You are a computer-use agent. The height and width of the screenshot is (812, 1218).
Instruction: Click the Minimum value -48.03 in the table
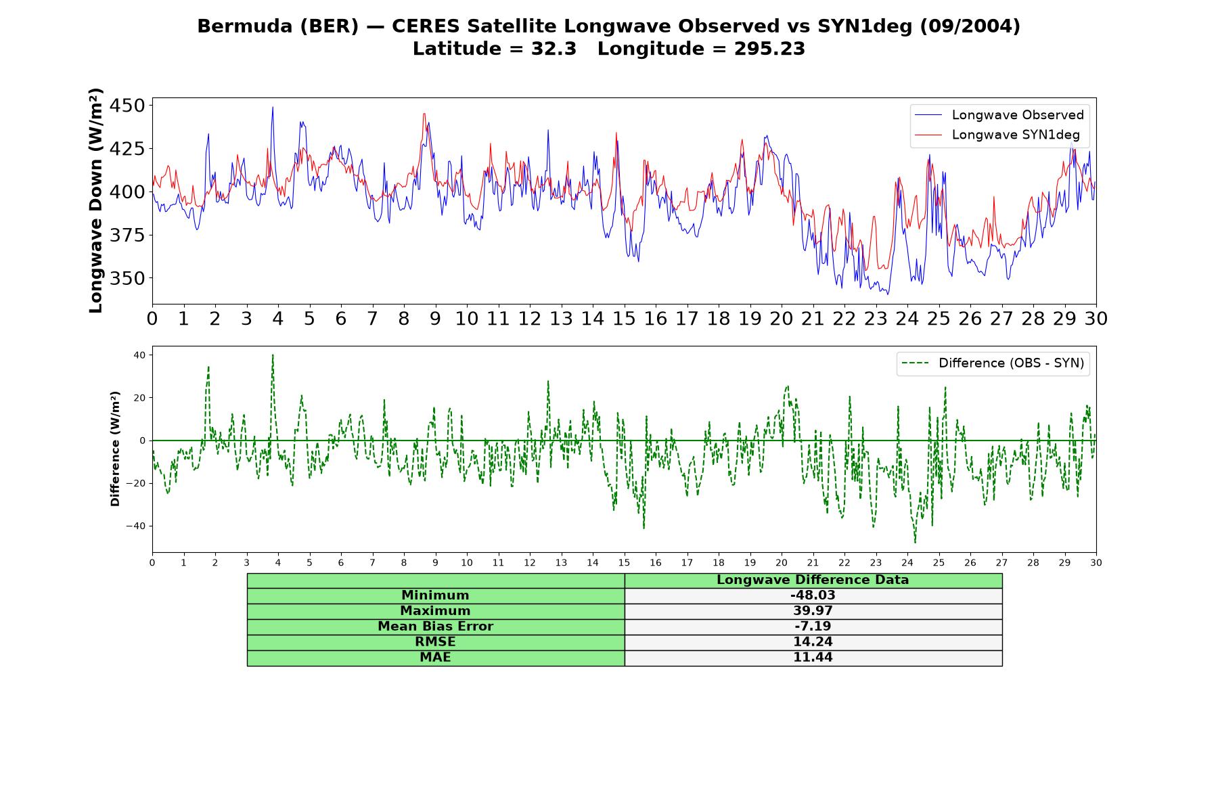(813, 595)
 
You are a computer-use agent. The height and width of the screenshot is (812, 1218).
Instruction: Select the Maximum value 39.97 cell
(813, 611)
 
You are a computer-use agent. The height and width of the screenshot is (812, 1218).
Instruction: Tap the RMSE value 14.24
(813, 642)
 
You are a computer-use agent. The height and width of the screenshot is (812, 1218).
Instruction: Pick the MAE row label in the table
(435, 658)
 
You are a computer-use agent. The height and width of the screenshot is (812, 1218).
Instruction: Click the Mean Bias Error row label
(435, 627)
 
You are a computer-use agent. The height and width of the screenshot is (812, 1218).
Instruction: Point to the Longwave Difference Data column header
(813, 580)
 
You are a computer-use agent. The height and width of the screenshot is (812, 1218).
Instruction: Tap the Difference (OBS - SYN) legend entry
(993, 363)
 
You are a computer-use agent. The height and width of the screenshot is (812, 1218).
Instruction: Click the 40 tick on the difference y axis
(139, 355)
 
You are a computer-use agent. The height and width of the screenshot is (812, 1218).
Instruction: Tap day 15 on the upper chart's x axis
(624, 319)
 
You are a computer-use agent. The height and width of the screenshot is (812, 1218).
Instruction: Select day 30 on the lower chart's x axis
(1096, 563)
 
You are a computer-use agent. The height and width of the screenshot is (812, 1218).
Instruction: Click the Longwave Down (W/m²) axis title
(95, 200)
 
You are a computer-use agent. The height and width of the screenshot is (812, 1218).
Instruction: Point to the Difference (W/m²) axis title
(115, 449)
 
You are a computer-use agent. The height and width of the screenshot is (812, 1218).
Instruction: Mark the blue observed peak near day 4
(273, 107)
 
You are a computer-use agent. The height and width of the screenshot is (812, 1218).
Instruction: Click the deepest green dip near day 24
(915, 542)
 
